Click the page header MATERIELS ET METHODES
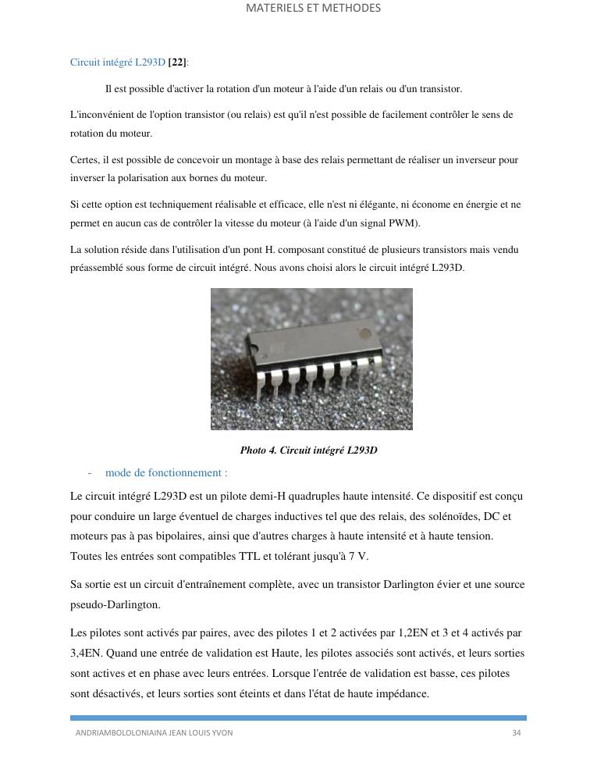pyautogui.click(x=313, y=9)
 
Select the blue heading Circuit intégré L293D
pyautogui.click(x=117, y=62)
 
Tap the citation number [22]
pyautogui.click(x=177, y=62)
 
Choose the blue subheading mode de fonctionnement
pyautogui.click(x=166, y=473)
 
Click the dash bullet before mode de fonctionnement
pyautogui.click(x=90, y=473)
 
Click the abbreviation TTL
pyautogui.click(x=251, y=557)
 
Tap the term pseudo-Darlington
pyautogui.click(x=104, y=605)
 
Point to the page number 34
pyautogui.click(x=516, y=733)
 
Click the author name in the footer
pyautogui.click(x=154, y=733)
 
